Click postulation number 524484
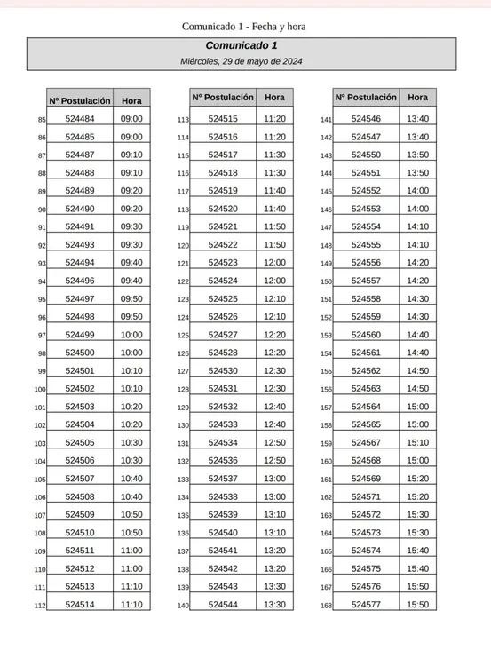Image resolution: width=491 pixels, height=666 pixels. tap(80, 119)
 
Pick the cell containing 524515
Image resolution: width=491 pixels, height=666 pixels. tap(223, 119)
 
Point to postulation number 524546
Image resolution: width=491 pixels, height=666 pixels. tap(366, 119)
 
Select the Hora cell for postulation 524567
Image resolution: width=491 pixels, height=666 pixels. tap(417, 442)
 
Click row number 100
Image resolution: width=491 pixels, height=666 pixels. tap(40, 389)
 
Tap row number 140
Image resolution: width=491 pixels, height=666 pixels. tap(183, 606)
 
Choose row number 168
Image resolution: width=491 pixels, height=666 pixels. tap(326, 606)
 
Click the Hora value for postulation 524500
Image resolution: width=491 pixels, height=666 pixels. tap(131, 353)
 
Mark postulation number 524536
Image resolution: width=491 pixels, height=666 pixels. tap(223, 461)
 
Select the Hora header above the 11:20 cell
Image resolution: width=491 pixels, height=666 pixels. tap(274, 97)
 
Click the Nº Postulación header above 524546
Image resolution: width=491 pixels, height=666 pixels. tap(366, 98)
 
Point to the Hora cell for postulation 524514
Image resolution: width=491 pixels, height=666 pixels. tap(131, 605)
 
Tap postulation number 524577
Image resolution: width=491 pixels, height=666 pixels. tap(366, 605)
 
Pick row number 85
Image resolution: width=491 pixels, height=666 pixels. tap(42, 120)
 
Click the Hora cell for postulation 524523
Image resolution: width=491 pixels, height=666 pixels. tap(274, 263)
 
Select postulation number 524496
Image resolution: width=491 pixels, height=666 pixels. tap(80, 281)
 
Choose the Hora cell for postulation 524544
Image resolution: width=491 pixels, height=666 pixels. tap(274, 605)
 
